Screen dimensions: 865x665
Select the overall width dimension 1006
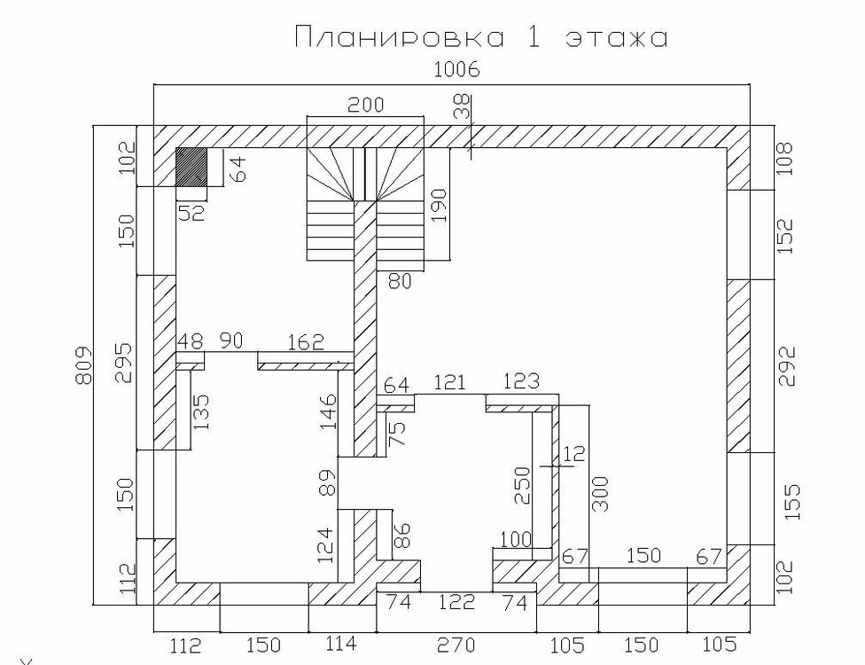pos(457,70)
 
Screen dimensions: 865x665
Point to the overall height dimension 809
pos(82,365)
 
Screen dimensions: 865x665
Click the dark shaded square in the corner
pos(191,167)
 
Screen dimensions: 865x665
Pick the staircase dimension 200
pos(365,105)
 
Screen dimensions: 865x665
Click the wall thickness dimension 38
pos(463,107)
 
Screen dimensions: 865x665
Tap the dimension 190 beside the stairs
pos(439,206)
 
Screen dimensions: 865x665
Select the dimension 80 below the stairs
pos(400,281)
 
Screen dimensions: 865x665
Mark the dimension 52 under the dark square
pos(191,213)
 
